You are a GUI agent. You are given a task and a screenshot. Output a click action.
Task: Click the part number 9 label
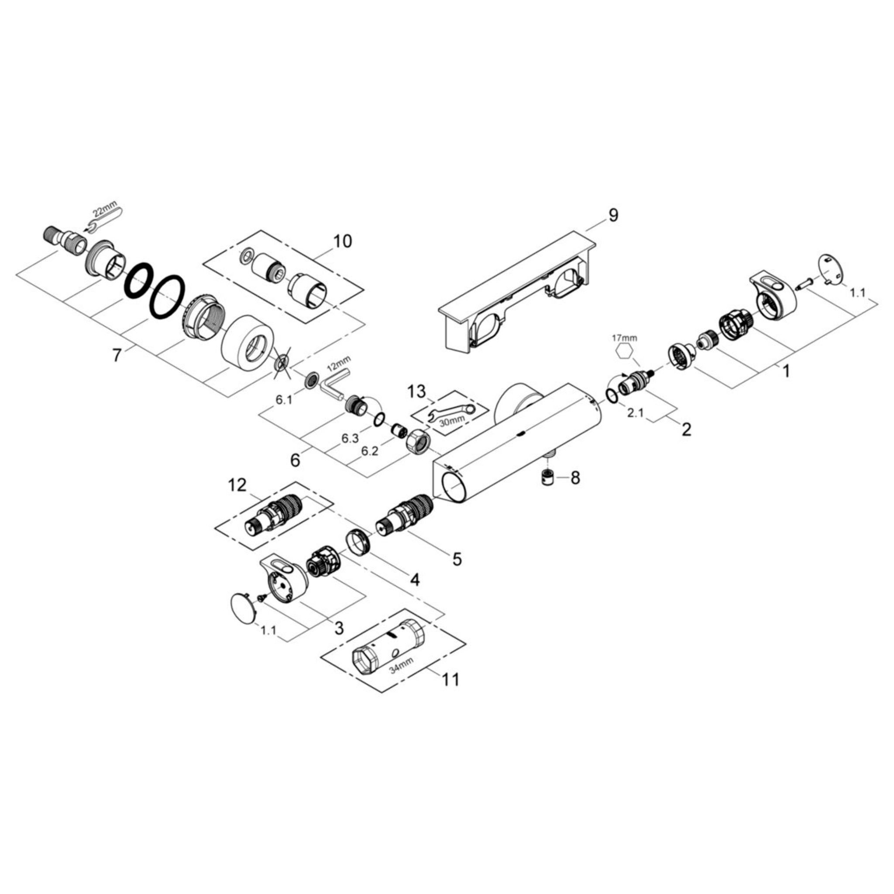tap(613, 215)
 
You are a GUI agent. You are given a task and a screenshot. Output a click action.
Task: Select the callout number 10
tap(343, 241)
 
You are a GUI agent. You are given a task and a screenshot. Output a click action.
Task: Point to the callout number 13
tap(416, 392)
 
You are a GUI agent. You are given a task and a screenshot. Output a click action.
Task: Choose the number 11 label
tap(450, 679)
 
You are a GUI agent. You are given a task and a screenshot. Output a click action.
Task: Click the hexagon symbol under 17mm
tap(623, 352)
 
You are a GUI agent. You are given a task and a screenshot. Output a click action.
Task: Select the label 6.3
tap(350, 438)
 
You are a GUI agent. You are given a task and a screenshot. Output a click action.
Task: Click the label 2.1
tap(635, 414)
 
